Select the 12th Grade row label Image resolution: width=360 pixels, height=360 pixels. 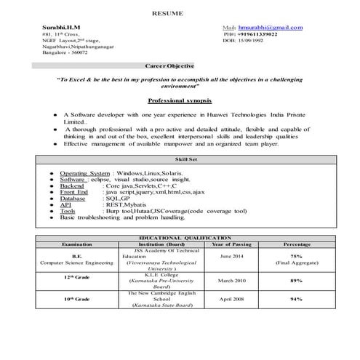[77, 279]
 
